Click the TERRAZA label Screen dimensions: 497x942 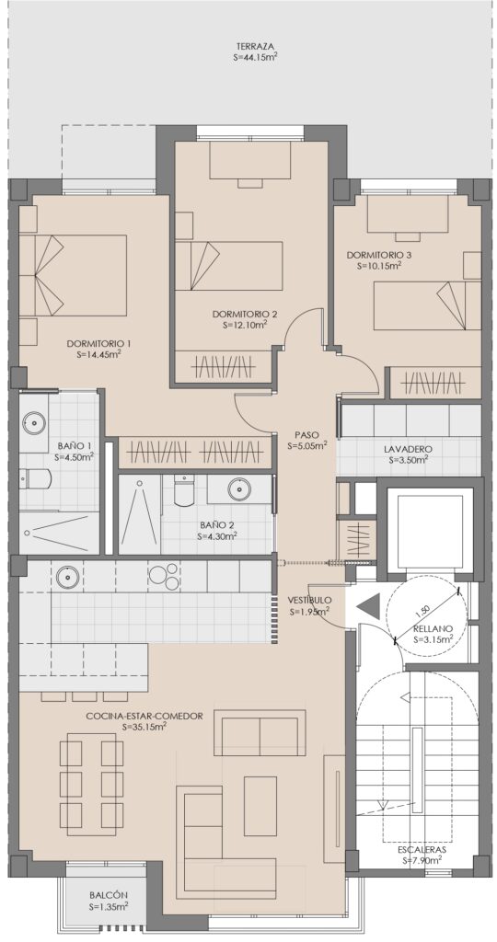(256, 46)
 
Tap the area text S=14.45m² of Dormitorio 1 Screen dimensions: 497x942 (99, 354)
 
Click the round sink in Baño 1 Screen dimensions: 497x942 (34, 421)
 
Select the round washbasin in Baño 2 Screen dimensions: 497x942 (240, 489)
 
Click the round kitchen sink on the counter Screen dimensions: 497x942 (67, 578)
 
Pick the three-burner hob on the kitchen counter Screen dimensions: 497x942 (164, 576)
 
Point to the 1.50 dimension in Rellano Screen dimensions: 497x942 (423, 612)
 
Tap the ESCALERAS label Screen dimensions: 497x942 (422, 850)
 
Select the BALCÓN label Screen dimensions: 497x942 (109, 894)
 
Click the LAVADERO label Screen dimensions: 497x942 (408, 448)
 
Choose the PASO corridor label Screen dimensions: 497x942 (306, 434)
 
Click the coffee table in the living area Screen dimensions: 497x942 (260, 798)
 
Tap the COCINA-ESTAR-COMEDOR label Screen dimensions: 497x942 (144, 716)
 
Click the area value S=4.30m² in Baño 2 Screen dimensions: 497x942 (217, 535)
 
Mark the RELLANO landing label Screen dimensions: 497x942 (433, 629)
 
